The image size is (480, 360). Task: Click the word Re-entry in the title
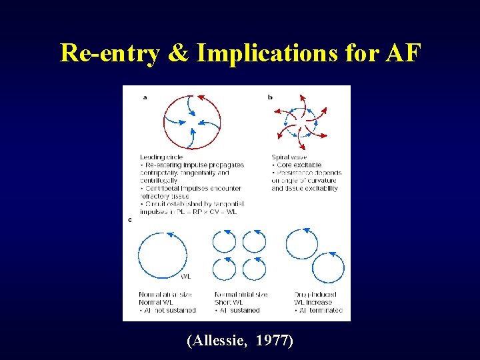(x=109, y=53)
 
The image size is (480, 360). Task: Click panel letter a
(x=145, y=97)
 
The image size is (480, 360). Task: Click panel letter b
(x=270, y=97)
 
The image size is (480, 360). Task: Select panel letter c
(x=129, y=220)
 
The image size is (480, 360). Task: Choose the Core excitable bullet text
(x=297, y=165)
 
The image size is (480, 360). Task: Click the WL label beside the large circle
(x=187, y=276)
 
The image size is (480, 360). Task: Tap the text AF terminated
(x=320, y=310)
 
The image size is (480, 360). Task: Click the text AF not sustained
(x=168, y=310)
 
